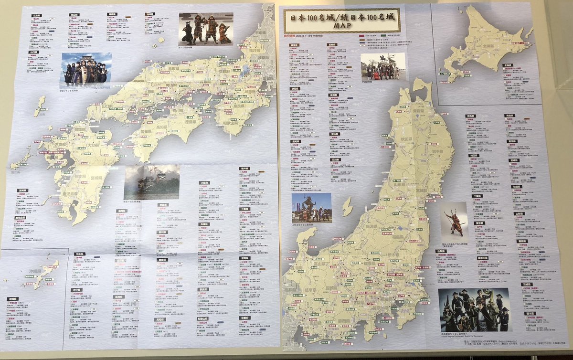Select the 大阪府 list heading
click(x=204, y=182)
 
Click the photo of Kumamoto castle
click(x=152, y=182)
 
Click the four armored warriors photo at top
click(x=206, y=29)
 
